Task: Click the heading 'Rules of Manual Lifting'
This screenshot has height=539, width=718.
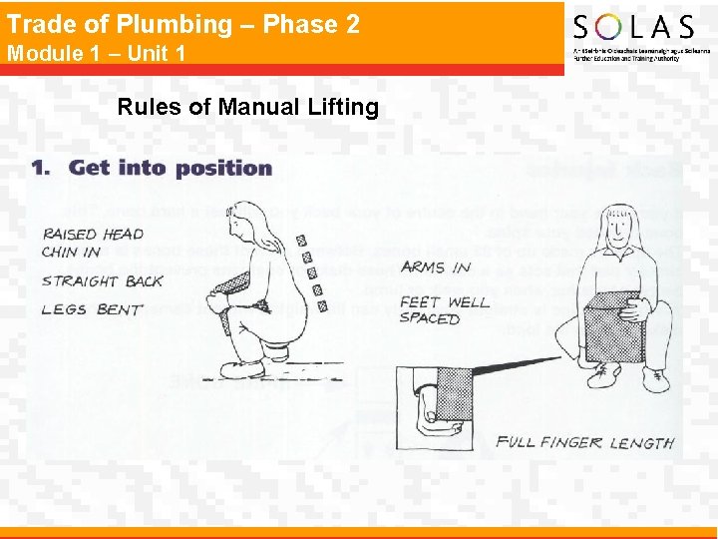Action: [248, 107]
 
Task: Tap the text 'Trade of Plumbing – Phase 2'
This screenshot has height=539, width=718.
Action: [183, 24]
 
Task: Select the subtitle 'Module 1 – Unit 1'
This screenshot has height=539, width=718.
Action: [97, 53]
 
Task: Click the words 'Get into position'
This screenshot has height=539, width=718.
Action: [171, 168]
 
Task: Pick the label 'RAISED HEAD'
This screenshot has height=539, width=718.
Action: [93, 235]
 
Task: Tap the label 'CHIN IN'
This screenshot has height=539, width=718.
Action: [71, 253]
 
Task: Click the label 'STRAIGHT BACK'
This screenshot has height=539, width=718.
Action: [103, 281]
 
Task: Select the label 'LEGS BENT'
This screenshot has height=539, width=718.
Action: [92, 309]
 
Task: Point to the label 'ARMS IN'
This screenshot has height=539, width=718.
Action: [436, 267]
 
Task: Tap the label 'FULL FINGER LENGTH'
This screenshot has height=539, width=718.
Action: [585, 442]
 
